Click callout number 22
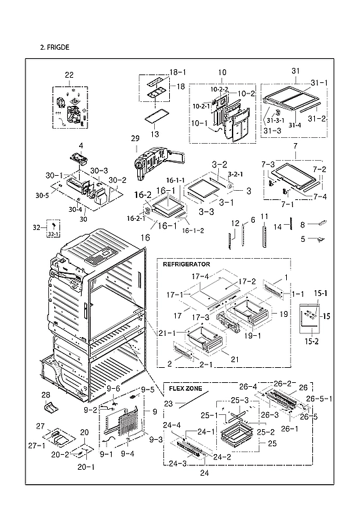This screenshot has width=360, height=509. (69, 76)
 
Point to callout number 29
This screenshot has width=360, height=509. (135, 139)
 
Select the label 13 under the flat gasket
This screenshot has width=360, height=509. (155, 133)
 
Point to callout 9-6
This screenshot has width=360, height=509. (114, 389)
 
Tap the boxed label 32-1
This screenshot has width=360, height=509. (54, 233)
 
